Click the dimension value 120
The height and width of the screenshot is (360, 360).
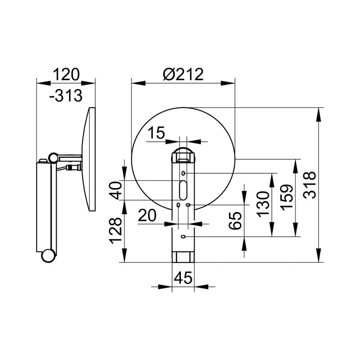pyautogui.click(x=66, y=74)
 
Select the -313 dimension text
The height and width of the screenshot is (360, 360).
pyautogui.click(x=66, y=95)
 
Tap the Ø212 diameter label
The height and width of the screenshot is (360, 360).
pyautogui.click(x=183, y=74)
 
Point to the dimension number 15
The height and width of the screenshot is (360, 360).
pyautogui.click(x=156, y=133)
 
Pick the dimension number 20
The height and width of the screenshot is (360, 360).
pyautogui.click(x=147, y=216)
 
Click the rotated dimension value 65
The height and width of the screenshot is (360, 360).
pyautogui.click(x=235, y=220)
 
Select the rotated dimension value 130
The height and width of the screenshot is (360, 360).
pyautogui.click(x=263, y=204)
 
